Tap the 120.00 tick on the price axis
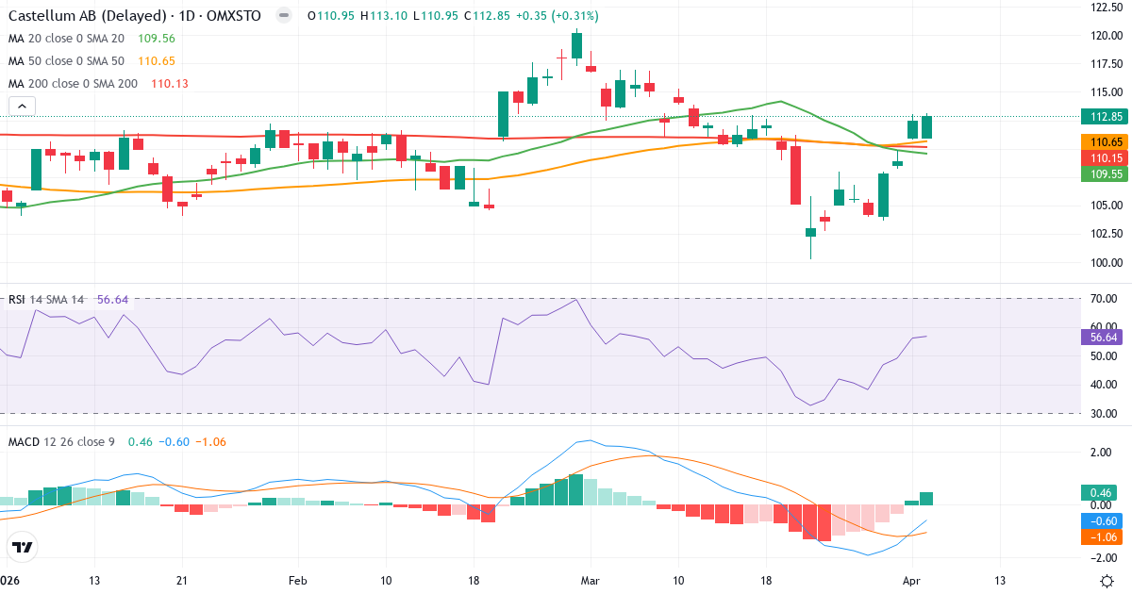1104,36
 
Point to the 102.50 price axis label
1104,234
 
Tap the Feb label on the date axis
297,580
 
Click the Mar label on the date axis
591,580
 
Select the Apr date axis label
911,580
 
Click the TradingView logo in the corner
23,547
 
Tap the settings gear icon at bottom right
1109,581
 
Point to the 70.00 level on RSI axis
1104,299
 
